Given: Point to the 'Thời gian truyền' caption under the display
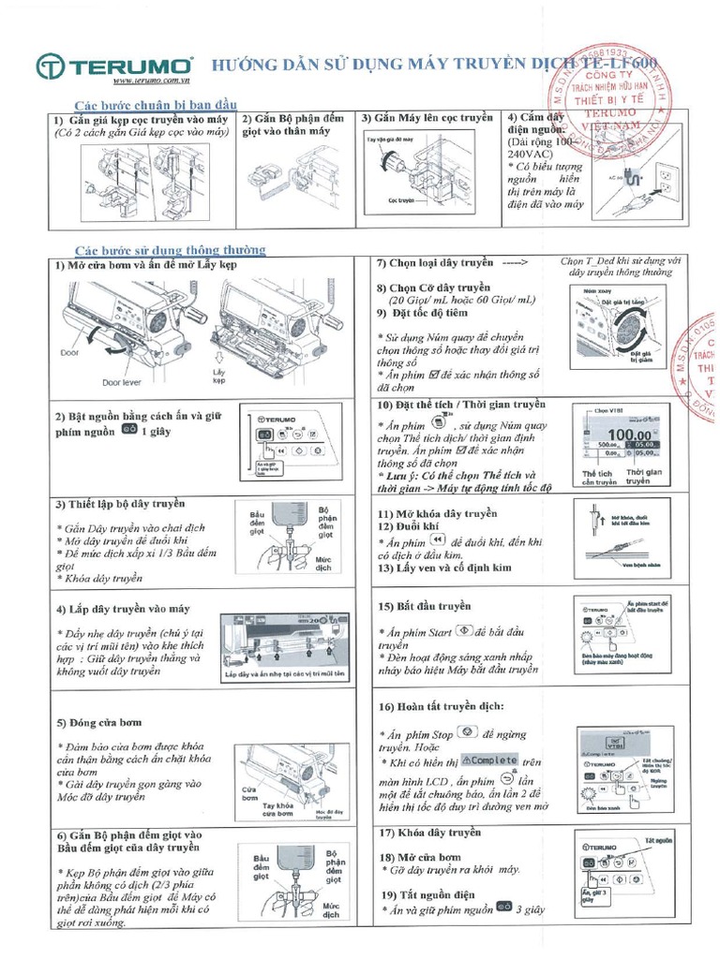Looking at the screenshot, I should (644, 477).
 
